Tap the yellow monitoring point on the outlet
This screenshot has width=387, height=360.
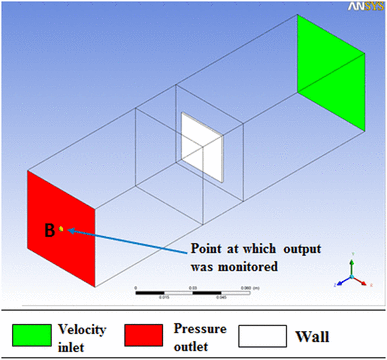(x=62, y=229)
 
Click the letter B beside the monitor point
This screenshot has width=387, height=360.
(x=47, y=231)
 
